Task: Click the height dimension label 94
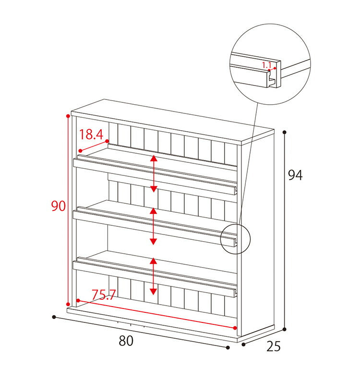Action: [x=295, y=175]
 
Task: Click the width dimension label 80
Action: [x=126, y=341]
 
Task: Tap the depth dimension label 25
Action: [x=274, y=346]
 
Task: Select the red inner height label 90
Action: [x=59, y=206]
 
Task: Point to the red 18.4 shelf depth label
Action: [x=91, y=135]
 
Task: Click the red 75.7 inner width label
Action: [x=104, y=295]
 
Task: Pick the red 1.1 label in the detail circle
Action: [x=267, y=65]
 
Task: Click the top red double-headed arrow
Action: [x=154, y=173]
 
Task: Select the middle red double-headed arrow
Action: [x=154, y=226]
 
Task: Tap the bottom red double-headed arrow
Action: [x=154, y=276]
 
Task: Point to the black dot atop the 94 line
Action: [x=285, y=132]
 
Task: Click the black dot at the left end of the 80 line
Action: [x=54, y=317]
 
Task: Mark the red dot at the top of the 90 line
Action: [x=68, y=116]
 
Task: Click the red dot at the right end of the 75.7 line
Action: [x=235, y=328]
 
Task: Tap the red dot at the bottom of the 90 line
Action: [x=68, y=304]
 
